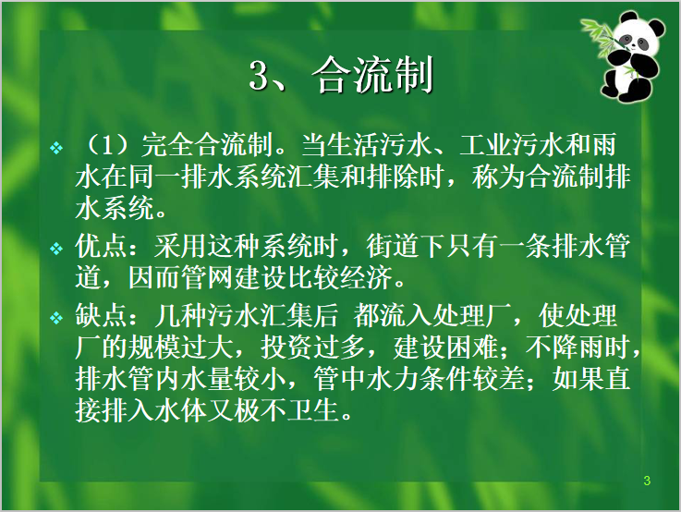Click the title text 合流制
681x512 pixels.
tap(373, 77)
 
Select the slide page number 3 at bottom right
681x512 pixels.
tap(647, 481)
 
